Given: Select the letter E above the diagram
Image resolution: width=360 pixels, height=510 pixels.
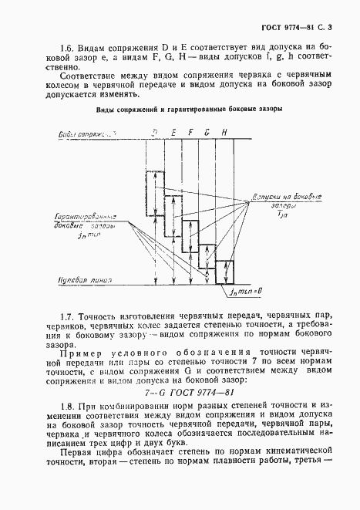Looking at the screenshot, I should click(173, 133).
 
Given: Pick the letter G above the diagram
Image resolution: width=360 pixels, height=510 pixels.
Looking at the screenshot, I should click(207, 133).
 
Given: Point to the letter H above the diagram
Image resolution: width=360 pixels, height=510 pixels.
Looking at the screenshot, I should click(224, 133).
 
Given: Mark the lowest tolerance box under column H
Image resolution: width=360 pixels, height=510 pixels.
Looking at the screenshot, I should click(224, 272).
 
